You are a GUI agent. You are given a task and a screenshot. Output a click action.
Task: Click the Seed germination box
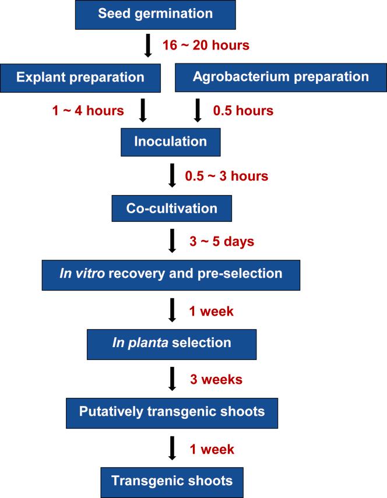(156, 15)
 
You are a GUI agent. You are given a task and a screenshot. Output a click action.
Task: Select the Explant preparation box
(80, 78)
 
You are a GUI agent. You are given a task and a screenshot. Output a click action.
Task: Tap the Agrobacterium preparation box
(281, 77)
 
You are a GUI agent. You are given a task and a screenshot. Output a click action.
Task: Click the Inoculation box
(171, 142)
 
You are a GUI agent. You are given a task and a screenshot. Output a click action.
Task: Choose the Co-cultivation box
(171, 209)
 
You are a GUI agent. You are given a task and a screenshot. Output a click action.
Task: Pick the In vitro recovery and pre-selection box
(171, 275)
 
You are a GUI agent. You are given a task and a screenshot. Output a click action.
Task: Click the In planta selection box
(171, 344)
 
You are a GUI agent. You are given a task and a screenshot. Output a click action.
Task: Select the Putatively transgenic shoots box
(172, 413)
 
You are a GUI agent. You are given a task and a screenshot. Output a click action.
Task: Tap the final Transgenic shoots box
(172, 482)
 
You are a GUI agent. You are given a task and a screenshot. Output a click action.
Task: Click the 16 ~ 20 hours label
(206, 45)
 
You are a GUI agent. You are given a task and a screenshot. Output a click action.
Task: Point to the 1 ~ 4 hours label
(88, 111)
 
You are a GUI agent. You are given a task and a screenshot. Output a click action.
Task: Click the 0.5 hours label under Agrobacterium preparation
(243, 111)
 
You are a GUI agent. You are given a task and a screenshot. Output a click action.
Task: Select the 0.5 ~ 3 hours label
(227, 176)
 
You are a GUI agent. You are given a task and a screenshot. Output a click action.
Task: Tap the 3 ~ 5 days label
(222, 241)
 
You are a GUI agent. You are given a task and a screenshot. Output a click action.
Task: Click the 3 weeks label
(216, 379)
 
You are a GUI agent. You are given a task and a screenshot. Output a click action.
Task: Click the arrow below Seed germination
(147, 45)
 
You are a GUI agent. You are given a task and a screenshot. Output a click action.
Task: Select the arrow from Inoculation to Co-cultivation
(172, 175)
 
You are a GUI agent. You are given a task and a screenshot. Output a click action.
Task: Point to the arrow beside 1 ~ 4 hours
(143, 110)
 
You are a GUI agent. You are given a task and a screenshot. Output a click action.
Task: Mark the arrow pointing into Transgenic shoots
(172, 448)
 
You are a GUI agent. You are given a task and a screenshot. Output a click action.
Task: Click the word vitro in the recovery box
(90, 273)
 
